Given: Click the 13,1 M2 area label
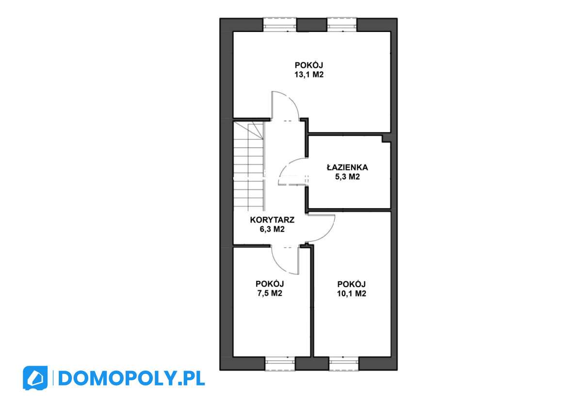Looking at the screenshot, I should (x=308, y=75).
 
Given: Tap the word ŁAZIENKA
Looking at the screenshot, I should (x=347, y=167).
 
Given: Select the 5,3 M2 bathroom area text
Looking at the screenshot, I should (x=347, y=177).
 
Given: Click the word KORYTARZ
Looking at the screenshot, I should (x=272, y=220).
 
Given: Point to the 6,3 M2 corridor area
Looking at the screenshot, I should (x=272, y=229).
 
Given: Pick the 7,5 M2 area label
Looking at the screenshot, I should (x=270, y=293).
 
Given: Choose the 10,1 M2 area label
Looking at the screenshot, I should (x=351, y=293).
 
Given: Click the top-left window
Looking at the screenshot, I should (x=280, y=24).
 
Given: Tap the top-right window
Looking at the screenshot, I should (x=342, y=24).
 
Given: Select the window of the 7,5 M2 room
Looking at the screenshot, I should (x=280, y=363).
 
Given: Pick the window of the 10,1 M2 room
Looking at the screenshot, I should (x=343, y=363).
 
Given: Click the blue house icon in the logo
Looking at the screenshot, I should (x=35, y=378).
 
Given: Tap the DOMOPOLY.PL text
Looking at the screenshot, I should (x=131, y=378).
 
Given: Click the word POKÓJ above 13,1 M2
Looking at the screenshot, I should (x=308, y=65).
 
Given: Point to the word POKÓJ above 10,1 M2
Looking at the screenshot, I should (x=351, y=284).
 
